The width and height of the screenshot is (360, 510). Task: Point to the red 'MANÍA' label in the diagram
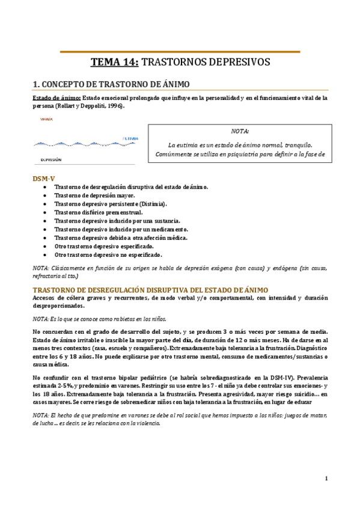[x=46, y=120]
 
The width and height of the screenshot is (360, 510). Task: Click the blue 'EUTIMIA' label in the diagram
[x=130, y=139]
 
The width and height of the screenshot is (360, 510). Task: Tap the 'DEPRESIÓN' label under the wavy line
[x=50, y=160]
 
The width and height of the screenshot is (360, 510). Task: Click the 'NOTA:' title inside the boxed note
[x=240, y=131]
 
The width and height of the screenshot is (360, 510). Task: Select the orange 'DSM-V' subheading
[x=43, y=179]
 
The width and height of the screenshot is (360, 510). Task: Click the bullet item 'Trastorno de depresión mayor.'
[x=94, y=196]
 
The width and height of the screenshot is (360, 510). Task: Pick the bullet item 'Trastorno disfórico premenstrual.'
[x=99, y=213]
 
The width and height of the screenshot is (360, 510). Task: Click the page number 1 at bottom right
[x=325, y=479]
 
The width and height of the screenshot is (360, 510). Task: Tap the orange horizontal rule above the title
[x=180, y=52]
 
